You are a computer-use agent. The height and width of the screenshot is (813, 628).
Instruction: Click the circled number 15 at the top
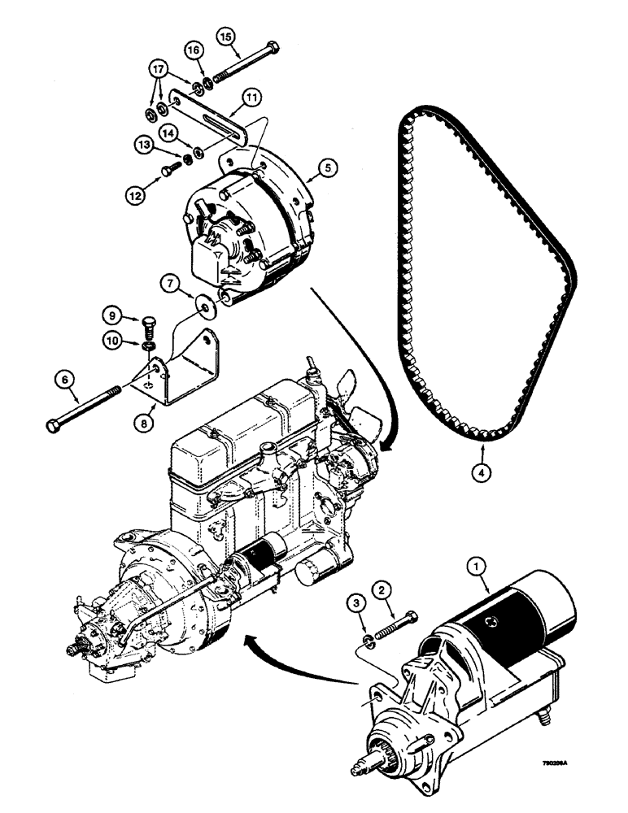point(225,37)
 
